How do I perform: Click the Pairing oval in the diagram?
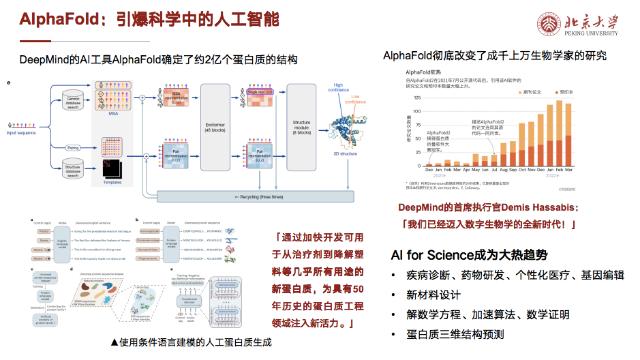[73, 147]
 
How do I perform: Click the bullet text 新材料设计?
[433, 295]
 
